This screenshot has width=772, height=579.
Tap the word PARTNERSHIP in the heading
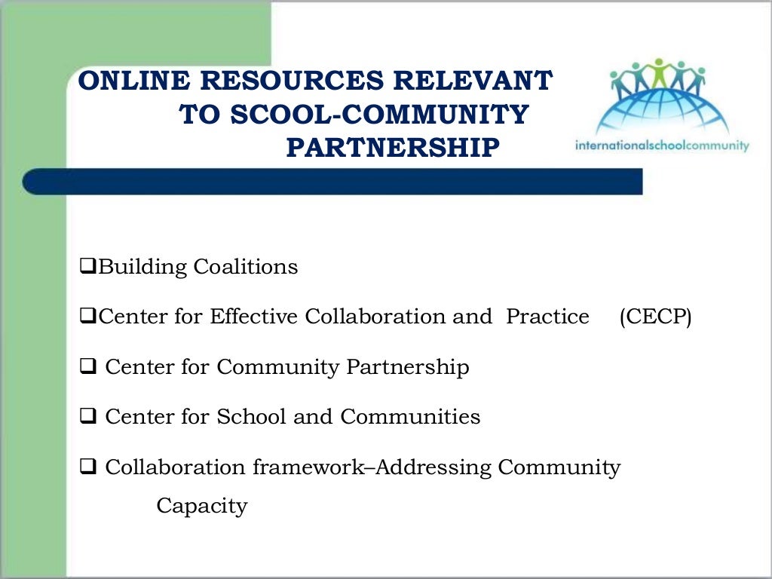click(x=392, y=148)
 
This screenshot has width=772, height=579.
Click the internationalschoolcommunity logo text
click(x=662, y=145)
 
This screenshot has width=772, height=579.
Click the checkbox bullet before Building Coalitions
click(x=87, y=267)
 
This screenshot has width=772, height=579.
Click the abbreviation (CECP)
click(x=655, y=317)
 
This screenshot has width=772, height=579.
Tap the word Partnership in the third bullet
click(x=408, y=367)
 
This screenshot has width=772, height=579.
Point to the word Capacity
click(x=201, y=506)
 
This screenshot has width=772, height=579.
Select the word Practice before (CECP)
click(x=547, y=317)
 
